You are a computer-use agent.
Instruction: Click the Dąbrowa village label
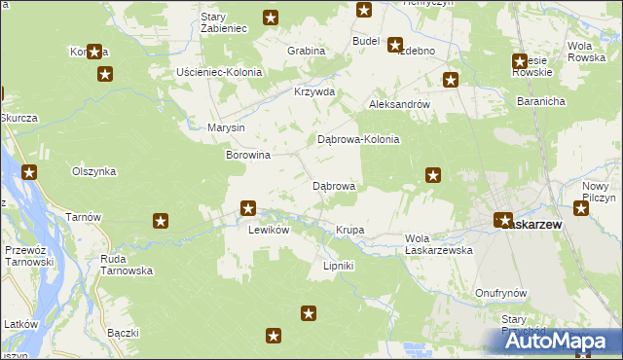pos(333,185)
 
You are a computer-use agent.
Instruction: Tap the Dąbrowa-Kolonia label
pos(358,139)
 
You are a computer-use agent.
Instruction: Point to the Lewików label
pos(269,230)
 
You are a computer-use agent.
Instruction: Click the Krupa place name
pos(349,230)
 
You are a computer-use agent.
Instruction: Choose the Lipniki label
pos(338,265)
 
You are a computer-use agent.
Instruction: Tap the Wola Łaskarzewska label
pos(438,244)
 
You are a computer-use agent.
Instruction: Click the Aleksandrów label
pos(399,103)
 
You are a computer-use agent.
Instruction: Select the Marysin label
pos(227,127)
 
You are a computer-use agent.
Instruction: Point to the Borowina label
pos(247,155)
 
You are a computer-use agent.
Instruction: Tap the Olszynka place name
pos(94,171)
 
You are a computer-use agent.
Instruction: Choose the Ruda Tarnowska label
pos(127,265)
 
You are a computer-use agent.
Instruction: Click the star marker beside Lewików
pos(248,207)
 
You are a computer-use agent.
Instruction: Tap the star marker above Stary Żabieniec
pos(271,17)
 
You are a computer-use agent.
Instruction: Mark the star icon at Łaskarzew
pos(503,221)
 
